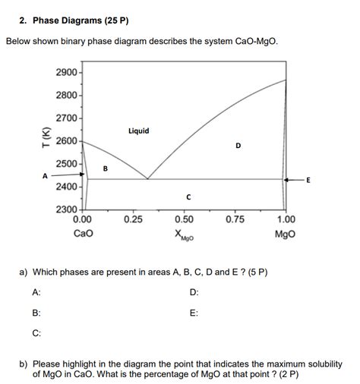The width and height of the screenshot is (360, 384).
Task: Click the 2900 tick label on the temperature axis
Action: coord(67,71)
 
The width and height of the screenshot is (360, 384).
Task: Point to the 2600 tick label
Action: coord(67,140)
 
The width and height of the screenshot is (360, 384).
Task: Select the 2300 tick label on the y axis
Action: coord(67,209)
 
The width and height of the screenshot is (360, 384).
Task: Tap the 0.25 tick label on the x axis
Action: coord(133,219)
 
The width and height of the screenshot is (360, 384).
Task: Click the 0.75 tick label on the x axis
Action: coord(235,219)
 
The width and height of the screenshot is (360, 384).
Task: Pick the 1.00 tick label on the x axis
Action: coord(286,219)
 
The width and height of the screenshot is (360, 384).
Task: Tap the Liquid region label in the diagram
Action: coord(139,131)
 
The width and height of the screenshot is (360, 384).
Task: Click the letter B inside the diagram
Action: coord(106,168)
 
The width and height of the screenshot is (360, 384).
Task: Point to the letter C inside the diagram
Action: coord(188,197)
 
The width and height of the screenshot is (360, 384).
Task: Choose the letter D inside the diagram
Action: coord(238,146)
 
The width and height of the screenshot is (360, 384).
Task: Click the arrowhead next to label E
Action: coord(289,180)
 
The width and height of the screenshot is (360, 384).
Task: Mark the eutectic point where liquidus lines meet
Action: coord(147,179)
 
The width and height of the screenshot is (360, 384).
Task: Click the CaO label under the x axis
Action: coord(83,233)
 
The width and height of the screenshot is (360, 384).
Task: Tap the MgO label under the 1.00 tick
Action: coord(286,233)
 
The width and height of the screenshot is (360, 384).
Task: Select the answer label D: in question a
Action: coord(194,292)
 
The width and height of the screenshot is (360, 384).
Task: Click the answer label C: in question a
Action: coord(36,332)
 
